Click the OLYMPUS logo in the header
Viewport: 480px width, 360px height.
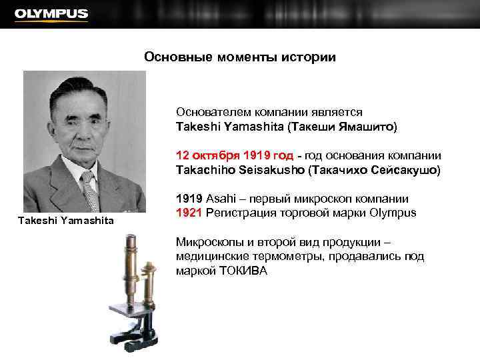click(51, 14)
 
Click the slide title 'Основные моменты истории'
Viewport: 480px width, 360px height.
click(240, 57)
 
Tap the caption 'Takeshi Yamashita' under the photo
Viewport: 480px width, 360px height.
click(66, 220)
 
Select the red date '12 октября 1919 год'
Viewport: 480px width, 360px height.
click(235, 155)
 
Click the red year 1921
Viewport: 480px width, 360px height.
click(189, 213)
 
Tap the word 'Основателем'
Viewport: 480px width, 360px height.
click(209, 112)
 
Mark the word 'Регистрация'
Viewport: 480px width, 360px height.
click(237, 213)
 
